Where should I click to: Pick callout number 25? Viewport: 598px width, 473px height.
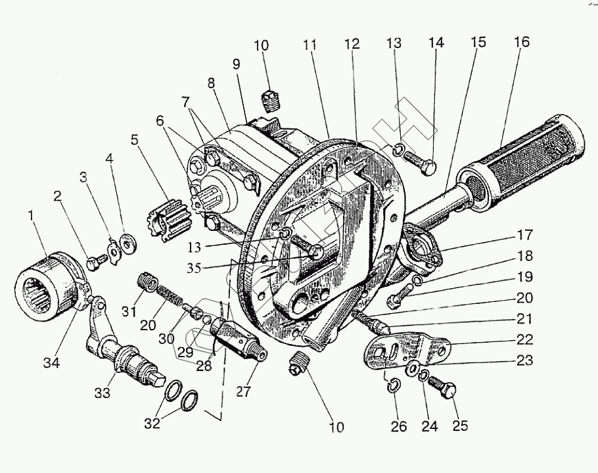[460, 425]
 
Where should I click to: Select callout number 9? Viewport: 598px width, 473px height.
[235, 64]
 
